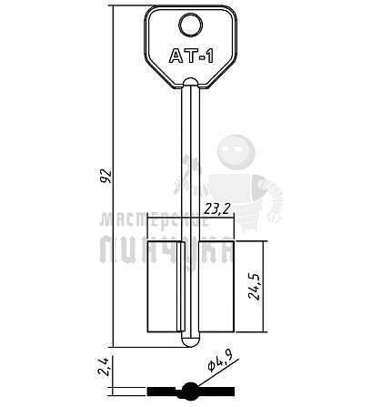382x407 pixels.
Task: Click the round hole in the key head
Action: [191, 25]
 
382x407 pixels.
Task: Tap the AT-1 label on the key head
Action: [191, 56]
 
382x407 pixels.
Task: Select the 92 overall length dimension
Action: [106, 176]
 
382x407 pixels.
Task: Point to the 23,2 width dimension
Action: [217, 209]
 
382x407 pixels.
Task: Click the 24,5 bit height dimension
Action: [254, 287]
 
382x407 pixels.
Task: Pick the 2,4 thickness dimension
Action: [104, 367]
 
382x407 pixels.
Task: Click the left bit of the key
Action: [165, 287]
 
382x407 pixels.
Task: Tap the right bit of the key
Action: [216, 287]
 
